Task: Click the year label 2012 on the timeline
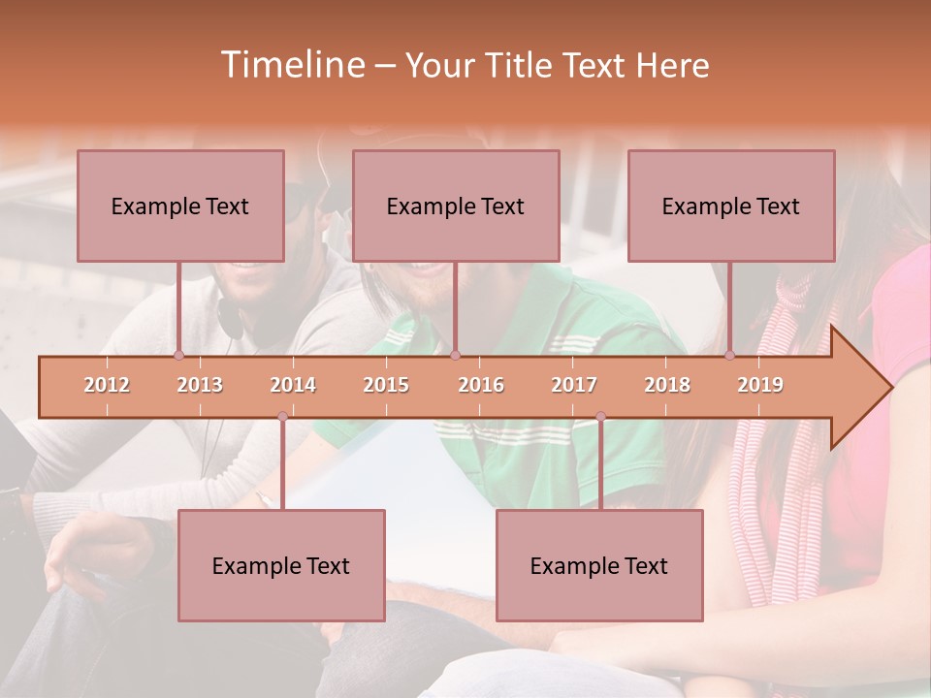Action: point(107,386)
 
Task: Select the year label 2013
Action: point(200,386)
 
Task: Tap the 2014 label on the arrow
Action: point(293,386)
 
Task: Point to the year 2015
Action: point(386,386)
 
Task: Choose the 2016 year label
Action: point(481,386)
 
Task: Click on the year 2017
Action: point(574,386)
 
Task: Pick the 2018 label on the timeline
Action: point(667,386)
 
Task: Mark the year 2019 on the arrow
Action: point(760,386)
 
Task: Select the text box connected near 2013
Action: point(180,206)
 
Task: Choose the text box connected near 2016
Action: point(456,206)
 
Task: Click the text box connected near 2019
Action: point(731,206)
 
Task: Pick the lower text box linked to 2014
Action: point(281,565)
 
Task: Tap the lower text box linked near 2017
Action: point(599,565)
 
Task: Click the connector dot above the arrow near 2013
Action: point(178,355)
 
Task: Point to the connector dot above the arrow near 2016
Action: point(455,355)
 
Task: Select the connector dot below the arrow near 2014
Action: point(282,417)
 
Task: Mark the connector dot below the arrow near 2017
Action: point(600,417)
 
